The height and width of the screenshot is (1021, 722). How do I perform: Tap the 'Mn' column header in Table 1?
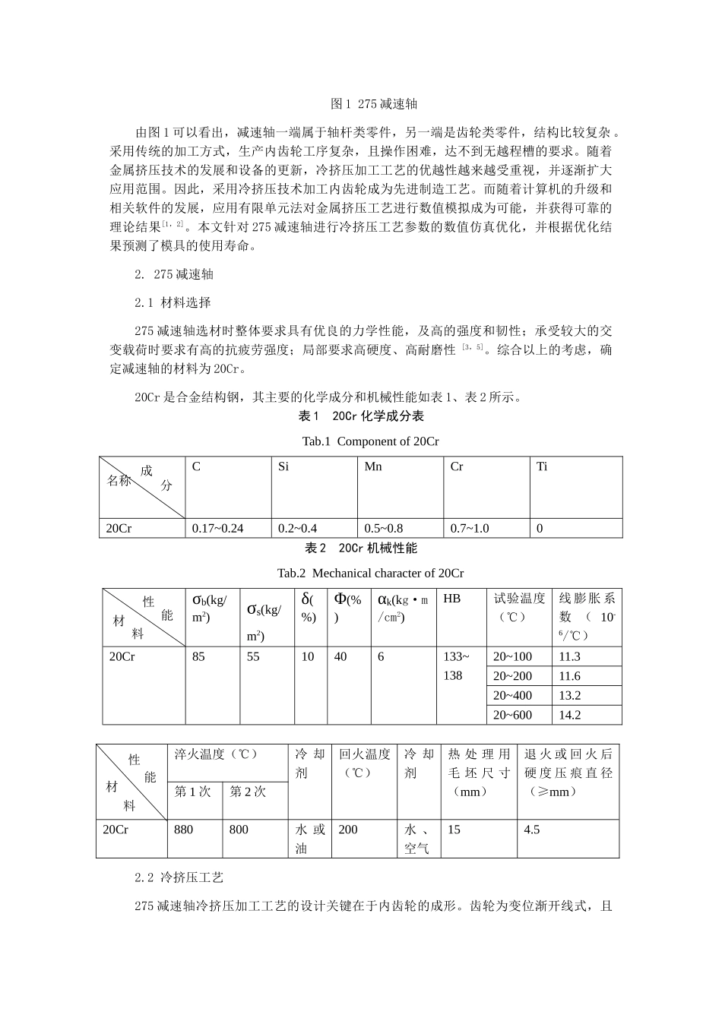pyautogui.click(x=373, y=466)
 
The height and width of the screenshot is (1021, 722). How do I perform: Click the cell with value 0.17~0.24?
pyautogui.click(x=217, y=528)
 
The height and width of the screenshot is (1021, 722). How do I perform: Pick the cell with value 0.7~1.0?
pyautogui.click(x=470, y=528)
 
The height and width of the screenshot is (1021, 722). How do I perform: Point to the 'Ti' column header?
pyautogui.click(x=542, y=466)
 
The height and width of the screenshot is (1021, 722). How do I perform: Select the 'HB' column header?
pyautogui.click(x=451, y=599)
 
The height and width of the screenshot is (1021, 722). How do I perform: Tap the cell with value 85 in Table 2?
pyautogui.click(x=198, y=656)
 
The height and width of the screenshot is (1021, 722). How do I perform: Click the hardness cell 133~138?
pyautogui.click(x=456, y=665)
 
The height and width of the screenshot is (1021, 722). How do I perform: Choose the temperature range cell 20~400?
pyautogui.click(x=512, y=695)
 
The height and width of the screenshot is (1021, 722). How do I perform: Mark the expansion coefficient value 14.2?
pyautogui.click(x=569, y=715)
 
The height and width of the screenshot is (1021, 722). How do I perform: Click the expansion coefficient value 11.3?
pyautogui.click(x=569, y=656)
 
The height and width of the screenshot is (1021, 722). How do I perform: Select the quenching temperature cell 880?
pyautogui.click(x=183, y=830)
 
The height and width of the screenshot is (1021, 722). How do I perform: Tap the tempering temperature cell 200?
pyautogui.click(x=348, y=830)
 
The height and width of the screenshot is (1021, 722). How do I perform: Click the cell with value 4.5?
pyautogui.click(x=531, y=830)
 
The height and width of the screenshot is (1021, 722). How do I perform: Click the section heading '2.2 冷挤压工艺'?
pyautogui.click(x=179, y=878)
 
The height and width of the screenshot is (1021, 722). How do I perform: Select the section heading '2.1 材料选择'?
pyautogui.click(x=173, y=302)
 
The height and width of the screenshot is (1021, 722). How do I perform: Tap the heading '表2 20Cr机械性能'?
pyautogui.click(x=361, y=548)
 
